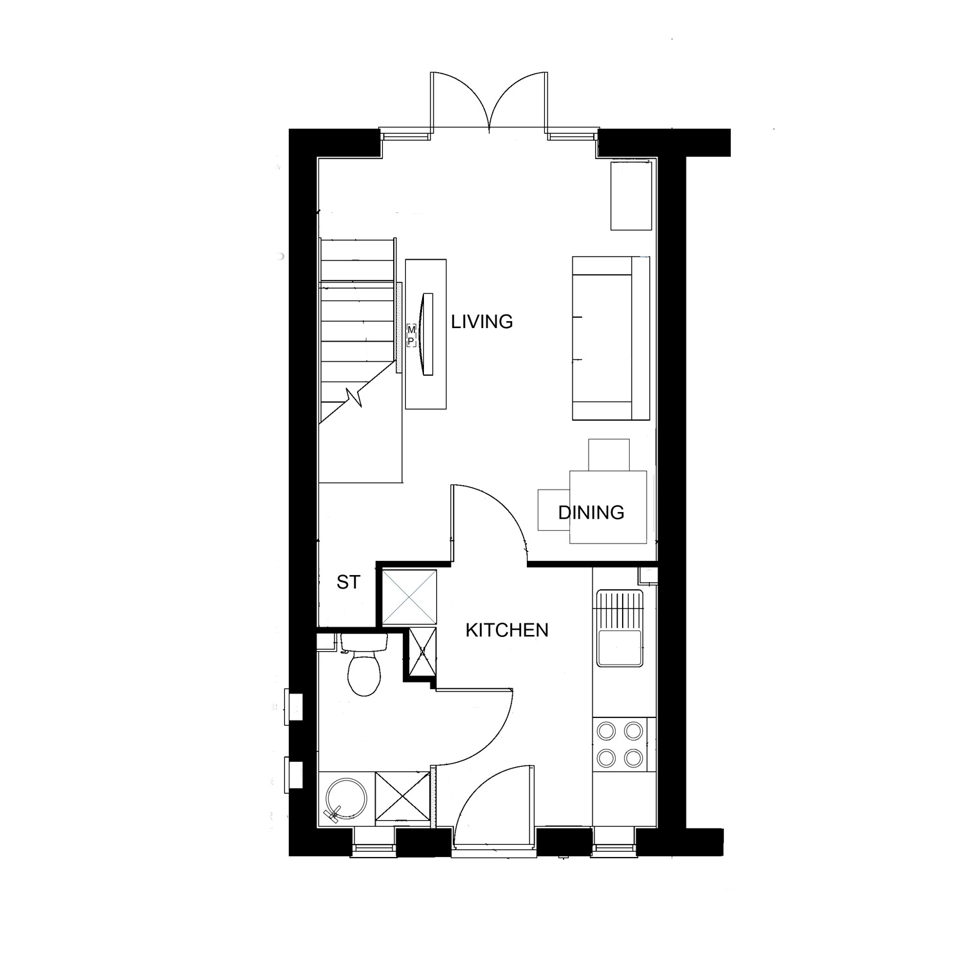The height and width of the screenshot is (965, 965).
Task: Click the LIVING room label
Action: [x=482, y=321]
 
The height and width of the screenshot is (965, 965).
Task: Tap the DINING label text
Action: [x=591, y=512]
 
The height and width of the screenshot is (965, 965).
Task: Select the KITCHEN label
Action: [x=507, y=630]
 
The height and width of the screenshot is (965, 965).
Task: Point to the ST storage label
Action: [x=348, y=582]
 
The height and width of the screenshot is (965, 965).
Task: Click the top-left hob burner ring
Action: [x=606, y=730]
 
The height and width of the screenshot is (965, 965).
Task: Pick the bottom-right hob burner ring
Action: [x=634, y=757]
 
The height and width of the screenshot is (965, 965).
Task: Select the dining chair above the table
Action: [x=609, y=455]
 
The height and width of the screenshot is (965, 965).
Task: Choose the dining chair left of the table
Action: [x=554, y=510]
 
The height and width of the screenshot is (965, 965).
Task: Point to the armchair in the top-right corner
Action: [x=631, y=196]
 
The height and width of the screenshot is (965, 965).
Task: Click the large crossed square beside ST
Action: [x=410, y=597]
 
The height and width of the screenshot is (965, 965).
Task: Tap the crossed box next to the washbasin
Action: [x=401, y=796]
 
